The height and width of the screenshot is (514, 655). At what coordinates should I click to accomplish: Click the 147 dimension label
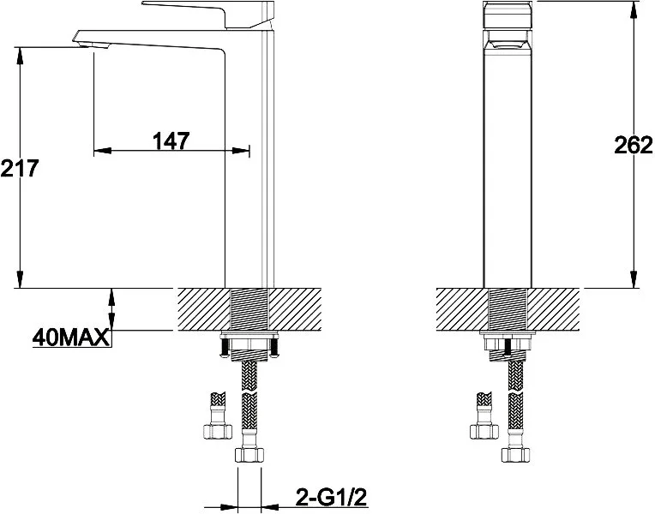coord(171,140)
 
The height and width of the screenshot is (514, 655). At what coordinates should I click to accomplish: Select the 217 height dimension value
coord(19,168)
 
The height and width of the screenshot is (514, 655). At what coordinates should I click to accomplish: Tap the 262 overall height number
coord(634,145)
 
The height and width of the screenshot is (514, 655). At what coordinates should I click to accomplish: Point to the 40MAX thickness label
coord(71,338)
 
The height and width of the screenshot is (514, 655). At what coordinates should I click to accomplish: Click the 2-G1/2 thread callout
coord(331,497)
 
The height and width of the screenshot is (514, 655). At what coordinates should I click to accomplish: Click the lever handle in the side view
coord(207,15)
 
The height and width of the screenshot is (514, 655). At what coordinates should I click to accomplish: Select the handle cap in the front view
coord(508,15)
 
